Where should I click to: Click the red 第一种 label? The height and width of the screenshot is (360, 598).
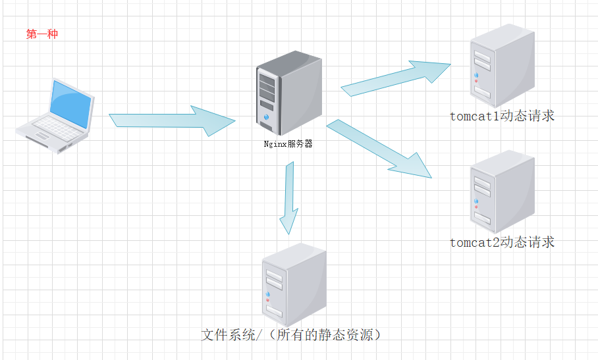click(x=42, y=34)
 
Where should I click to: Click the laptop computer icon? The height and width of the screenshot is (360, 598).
click(x=55, y=116)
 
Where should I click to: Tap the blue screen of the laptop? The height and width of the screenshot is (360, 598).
click(x=70, y=104)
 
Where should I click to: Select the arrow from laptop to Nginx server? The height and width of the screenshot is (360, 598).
click(x=172, y=120)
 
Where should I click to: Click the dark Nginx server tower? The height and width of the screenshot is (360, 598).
click(x=288, y=93)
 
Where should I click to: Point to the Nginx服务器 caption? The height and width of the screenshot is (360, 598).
click(x=288, y=144)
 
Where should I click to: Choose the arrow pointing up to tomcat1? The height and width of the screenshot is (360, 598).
click(x=396, y=78)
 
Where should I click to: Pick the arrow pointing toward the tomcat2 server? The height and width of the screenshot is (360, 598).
click(x=379, y=149)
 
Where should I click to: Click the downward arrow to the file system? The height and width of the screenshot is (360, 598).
click(x=290, y=198)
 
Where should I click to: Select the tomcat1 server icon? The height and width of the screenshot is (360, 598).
click(x=502, y=66)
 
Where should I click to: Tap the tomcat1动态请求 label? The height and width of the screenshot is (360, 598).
click(x=502, y=116)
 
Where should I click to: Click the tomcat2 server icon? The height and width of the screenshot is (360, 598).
click(x=502, y=192)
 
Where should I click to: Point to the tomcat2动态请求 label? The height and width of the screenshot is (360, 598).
click(x=502, y=242)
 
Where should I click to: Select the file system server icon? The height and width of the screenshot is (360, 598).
click(x=294, y=284)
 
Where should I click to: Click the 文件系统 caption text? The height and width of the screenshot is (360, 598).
click(x=228, y=335)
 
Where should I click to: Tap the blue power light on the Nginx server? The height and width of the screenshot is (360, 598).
click(x=266, y=117)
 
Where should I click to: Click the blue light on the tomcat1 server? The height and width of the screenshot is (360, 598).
click(x=476, y=76)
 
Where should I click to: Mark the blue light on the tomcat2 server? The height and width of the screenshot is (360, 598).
click(x=476, y=201)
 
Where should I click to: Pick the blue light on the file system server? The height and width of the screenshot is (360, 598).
click(x=268, y=294)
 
